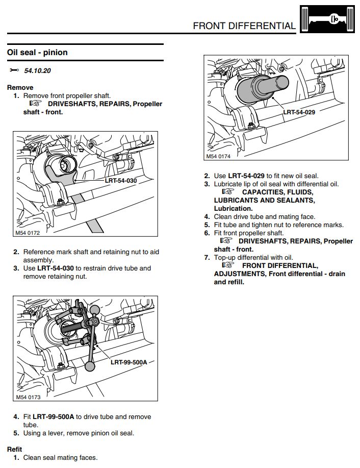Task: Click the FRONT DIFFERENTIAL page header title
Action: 244,26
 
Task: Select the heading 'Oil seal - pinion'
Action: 37,53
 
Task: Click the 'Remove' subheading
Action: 20,87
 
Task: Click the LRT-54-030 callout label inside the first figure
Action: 121,180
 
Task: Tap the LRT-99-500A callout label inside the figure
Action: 128,363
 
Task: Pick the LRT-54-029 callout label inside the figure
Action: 299,112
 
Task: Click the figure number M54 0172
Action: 28,234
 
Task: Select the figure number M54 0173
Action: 28,397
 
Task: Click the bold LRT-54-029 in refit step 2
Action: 246,176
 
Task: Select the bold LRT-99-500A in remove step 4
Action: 54,416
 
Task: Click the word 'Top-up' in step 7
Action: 226,257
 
